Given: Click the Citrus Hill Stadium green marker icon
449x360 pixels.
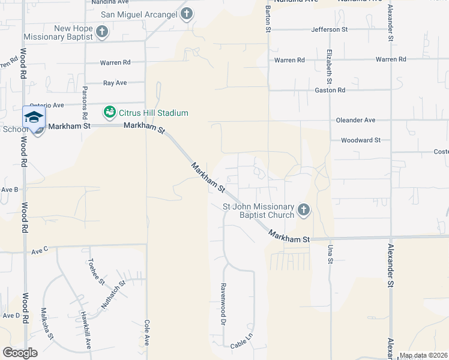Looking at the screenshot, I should point(109,112).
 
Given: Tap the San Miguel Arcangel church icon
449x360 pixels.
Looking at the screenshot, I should point(186,14).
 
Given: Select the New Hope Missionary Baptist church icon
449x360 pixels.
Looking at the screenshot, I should point(102,32).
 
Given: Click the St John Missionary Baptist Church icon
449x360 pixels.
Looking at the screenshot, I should point(304,210).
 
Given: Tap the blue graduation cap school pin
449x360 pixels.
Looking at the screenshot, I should point(34,117).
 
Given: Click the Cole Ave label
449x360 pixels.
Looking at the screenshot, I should point(146,332).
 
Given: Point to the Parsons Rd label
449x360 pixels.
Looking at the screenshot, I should point(85,103).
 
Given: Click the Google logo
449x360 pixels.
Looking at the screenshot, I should point(20,352).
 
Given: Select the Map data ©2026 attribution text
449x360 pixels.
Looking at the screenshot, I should point(423,355).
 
